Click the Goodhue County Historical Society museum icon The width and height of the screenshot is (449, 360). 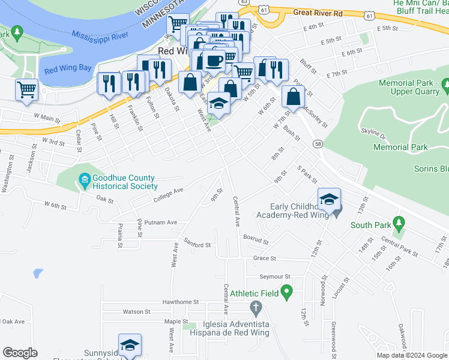(85, 179)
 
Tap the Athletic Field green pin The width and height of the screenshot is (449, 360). (287, 293)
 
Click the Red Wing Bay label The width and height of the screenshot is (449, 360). (68, 68)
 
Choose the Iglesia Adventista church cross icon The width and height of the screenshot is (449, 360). (256, 310)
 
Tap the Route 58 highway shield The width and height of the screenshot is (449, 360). (318, 144)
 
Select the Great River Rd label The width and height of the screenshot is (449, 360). (318, 12)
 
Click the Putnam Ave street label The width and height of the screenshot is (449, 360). (164, 223)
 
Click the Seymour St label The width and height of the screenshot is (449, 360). (274, 277)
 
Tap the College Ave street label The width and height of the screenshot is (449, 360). (168, 192)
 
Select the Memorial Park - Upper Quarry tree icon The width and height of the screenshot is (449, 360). (445, 87)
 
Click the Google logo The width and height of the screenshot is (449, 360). (20, 353)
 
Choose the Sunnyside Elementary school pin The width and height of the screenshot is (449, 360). (130, 346)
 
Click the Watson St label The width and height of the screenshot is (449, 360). (137, 312)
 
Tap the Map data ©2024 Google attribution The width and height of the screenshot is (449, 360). (412, 355)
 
